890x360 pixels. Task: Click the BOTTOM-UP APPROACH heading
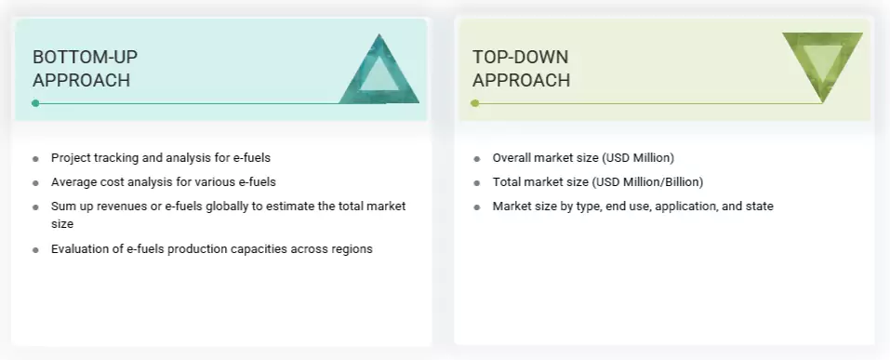click(85, 69)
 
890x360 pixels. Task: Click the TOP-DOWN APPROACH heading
click(521, 69)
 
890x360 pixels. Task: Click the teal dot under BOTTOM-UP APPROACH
click(35, 103)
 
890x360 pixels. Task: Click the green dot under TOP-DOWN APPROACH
click(475, 103)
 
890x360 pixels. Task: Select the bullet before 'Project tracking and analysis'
click(35, 159)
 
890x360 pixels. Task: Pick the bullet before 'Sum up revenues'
click(35, 207)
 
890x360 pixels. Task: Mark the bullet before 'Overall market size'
click(477, 159)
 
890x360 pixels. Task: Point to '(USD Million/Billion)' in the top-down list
click(640, 182)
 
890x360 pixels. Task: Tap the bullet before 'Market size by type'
click(477, 207)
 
